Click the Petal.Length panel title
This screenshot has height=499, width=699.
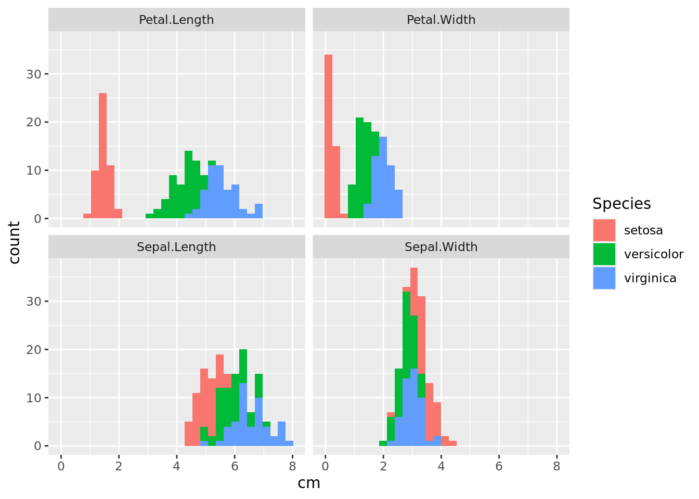coord(176,20)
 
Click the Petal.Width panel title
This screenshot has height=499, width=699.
coord(441,20)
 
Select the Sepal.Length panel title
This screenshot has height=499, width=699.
coord(176,247)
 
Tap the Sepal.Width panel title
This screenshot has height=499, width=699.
coord(441,247)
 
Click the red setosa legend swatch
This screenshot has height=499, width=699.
coord(604,230)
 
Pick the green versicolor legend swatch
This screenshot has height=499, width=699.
coord(604,254)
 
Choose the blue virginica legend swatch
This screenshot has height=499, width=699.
coord(604,278)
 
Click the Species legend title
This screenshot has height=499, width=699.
coord(622,204)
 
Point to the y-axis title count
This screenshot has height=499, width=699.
coord(15,243)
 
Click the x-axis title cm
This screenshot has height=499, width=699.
coord(309,483)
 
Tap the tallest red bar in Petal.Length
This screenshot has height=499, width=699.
coord(102,156)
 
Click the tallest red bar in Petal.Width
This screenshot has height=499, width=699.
coord(328,135)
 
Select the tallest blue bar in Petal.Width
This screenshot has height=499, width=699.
coord(383,177)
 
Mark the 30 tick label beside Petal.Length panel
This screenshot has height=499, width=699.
coord(33,74)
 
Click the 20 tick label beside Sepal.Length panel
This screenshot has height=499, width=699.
coord(33,349)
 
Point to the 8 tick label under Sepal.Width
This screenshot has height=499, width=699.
coord(556,466)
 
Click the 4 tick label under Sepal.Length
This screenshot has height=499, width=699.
coord(176,466)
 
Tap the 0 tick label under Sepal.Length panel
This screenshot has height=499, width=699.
coord(61,466)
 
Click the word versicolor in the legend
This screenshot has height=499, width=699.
coord(654,254)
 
